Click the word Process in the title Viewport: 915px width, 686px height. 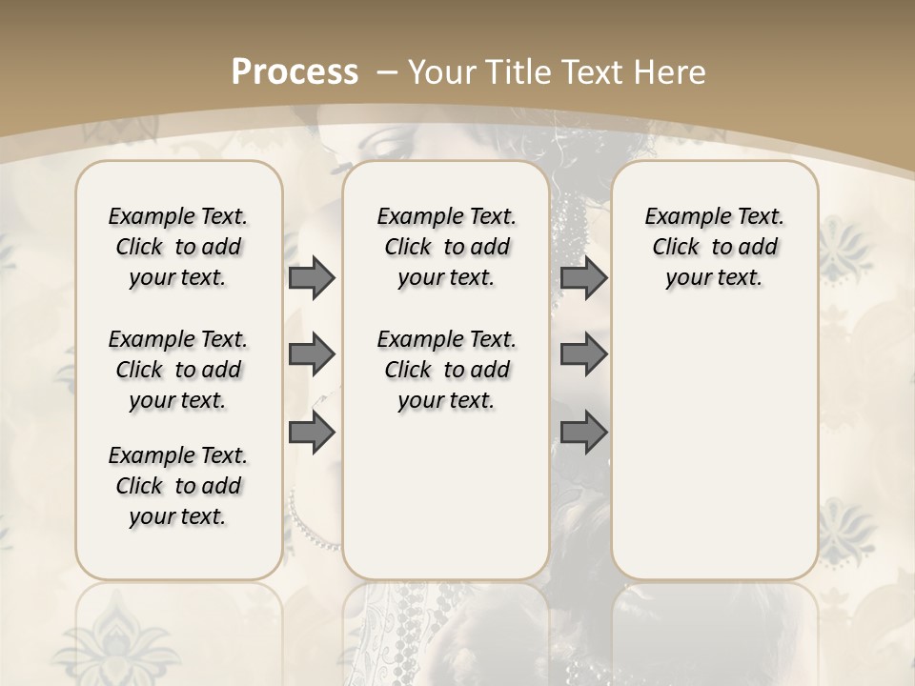(x=295, y=71)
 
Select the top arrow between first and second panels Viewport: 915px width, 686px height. (x=312, y=278)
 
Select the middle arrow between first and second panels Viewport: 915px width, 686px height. (x=312, y=354)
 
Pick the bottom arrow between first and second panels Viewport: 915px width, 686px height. (x=312, y=433)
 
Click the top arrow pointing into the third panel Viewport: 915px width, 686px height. (x=583, y=278)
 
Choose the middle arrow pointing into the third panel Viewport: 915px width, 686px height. (x=583, y=354)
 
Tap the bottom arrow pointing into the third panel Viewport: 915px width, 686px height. (x=583, y=433)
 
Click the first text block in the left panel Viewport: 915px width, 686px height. (x=178, y=247)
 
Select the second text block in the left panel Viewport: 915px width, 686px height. (x=178, y=370)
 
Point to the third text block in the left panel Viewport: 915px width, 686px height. (x=178, y=486)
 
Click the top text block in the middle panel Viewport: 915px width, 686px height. (x=446, y=247)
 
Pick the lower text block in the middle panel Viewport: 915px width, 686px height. (x=446, y=370)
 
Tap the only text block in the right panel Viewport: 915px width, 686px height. (x=714, y=247)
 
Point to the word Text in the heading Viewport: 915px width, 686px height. (x=596, y=71)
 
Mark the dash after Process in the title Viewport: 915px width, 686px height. (x=388, y=71)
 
